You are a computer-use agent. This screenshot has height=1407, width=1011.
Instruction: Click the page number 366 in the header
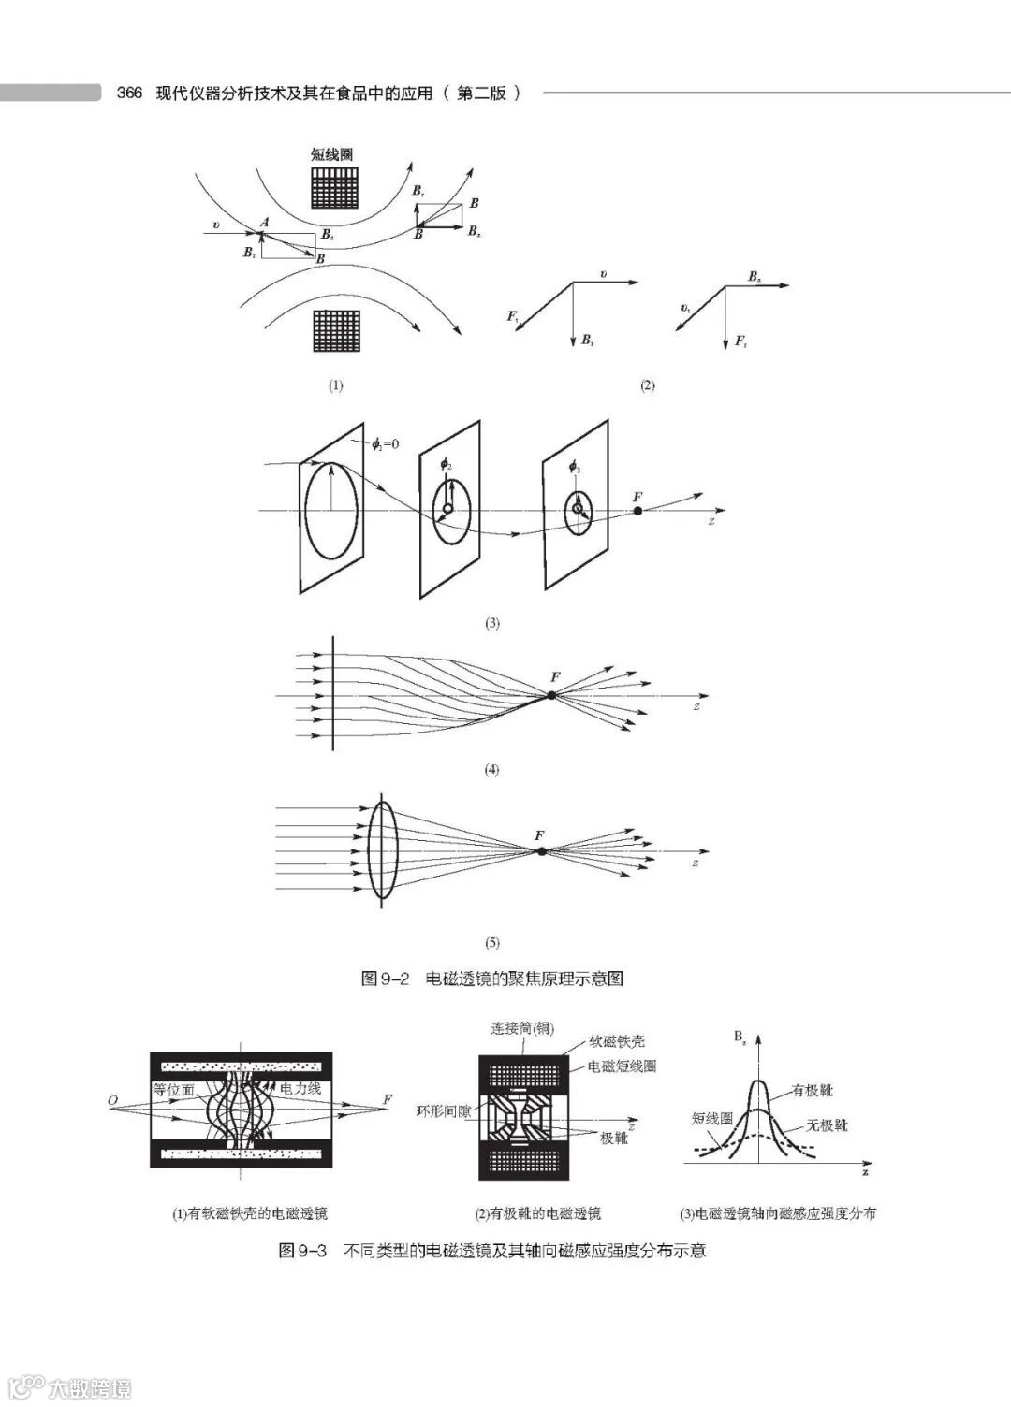[x=128, y=93]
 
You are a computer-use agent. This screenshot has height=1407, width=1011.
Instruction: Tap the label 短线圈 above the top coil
[x=331, y=154]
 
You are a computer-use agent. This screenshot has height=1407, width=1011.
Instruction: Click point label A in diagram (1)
[x=266, y=221]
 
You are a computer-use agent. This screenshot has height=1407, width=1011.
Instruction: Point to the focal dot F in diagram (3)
[x=637, y=511]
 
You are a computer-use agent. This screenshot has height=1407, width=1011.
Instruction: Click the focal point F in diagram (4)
[x=551, y=695]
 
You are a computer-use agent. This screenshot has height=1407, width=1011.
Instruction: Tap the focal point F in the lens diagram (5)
[x=541, y=850]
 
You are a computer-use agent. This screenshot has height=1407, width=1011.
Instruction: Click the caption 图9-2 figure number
[x=386, y=979]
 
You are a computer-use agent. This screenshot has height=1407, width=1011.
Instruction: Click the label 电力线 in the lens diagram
[x=300, y=1088]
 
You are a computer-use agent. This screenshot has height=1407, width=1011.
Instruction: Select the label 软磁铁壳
[x=617, y=1040]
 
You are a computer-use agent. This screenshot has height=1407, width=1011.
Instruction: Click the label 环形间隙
[x=443, y=1111]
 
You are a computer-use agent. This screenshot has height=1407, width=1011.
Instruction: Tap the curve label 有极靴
[x=812, y=1090]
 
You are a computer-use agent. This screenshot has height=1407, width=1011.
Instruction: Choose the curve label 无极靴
[x=826, y=1124]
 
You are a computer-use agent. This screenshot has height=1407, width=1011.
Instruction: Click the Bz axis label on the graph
[x=740, y=1037]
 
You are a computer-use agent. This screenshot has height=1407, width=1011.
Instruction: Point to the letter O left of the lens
[x=112, y=1101]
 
